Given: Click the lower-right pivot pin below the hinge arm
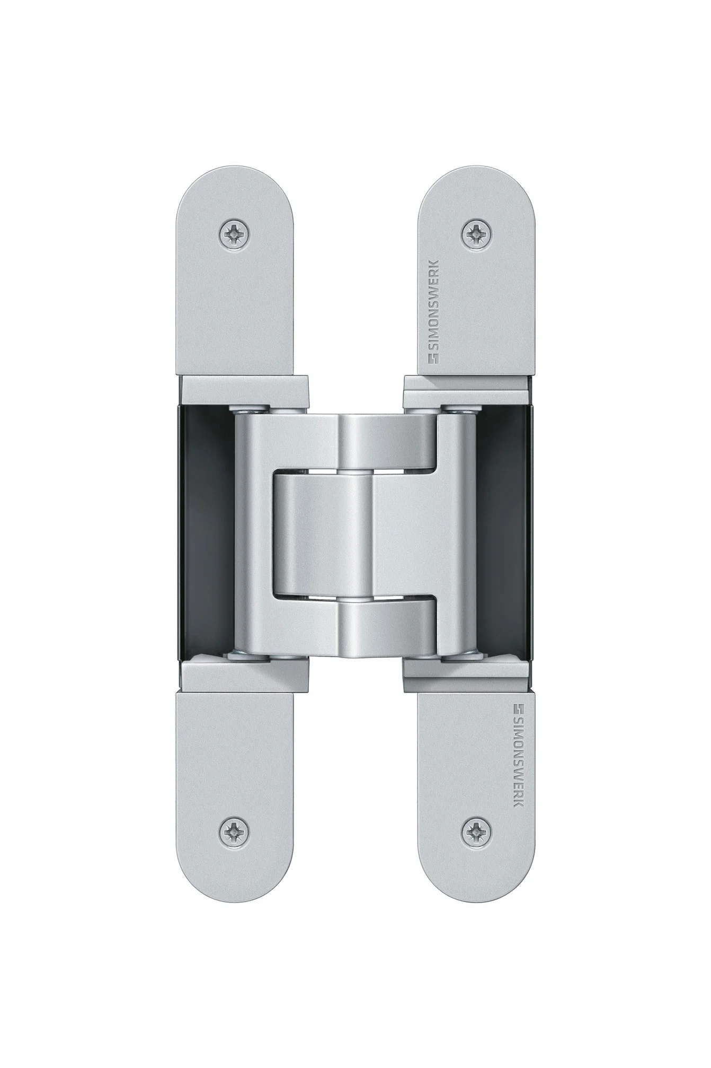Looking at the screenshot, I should [460, 657].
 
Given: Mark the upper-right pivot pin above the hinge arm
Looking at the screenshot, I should [460, 409].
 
